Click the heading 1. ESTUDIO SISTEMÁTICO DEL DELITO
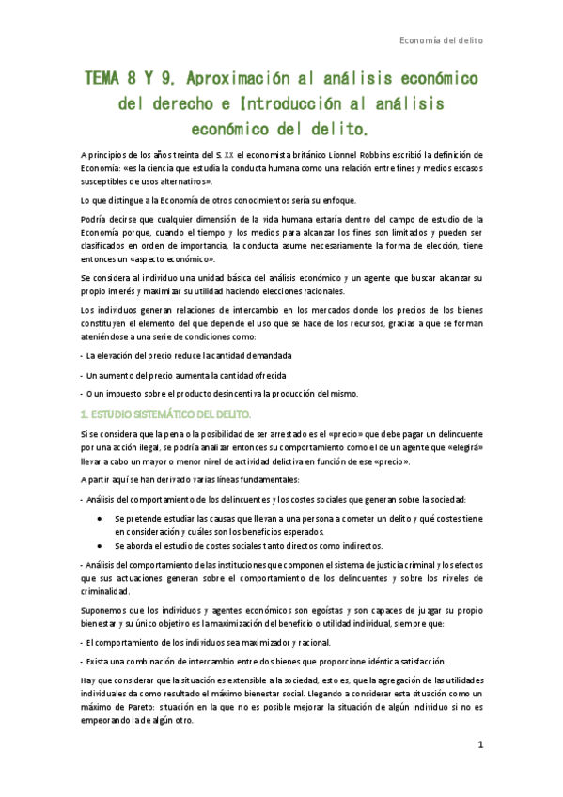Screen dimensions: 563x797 coord(166,414)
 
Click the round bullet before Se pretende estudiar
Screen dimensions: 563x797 coord(100,518)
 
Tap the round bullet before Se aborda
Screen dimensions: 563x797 coord(100,545)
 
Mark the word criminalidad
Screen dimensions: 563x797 coord(112,591)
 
